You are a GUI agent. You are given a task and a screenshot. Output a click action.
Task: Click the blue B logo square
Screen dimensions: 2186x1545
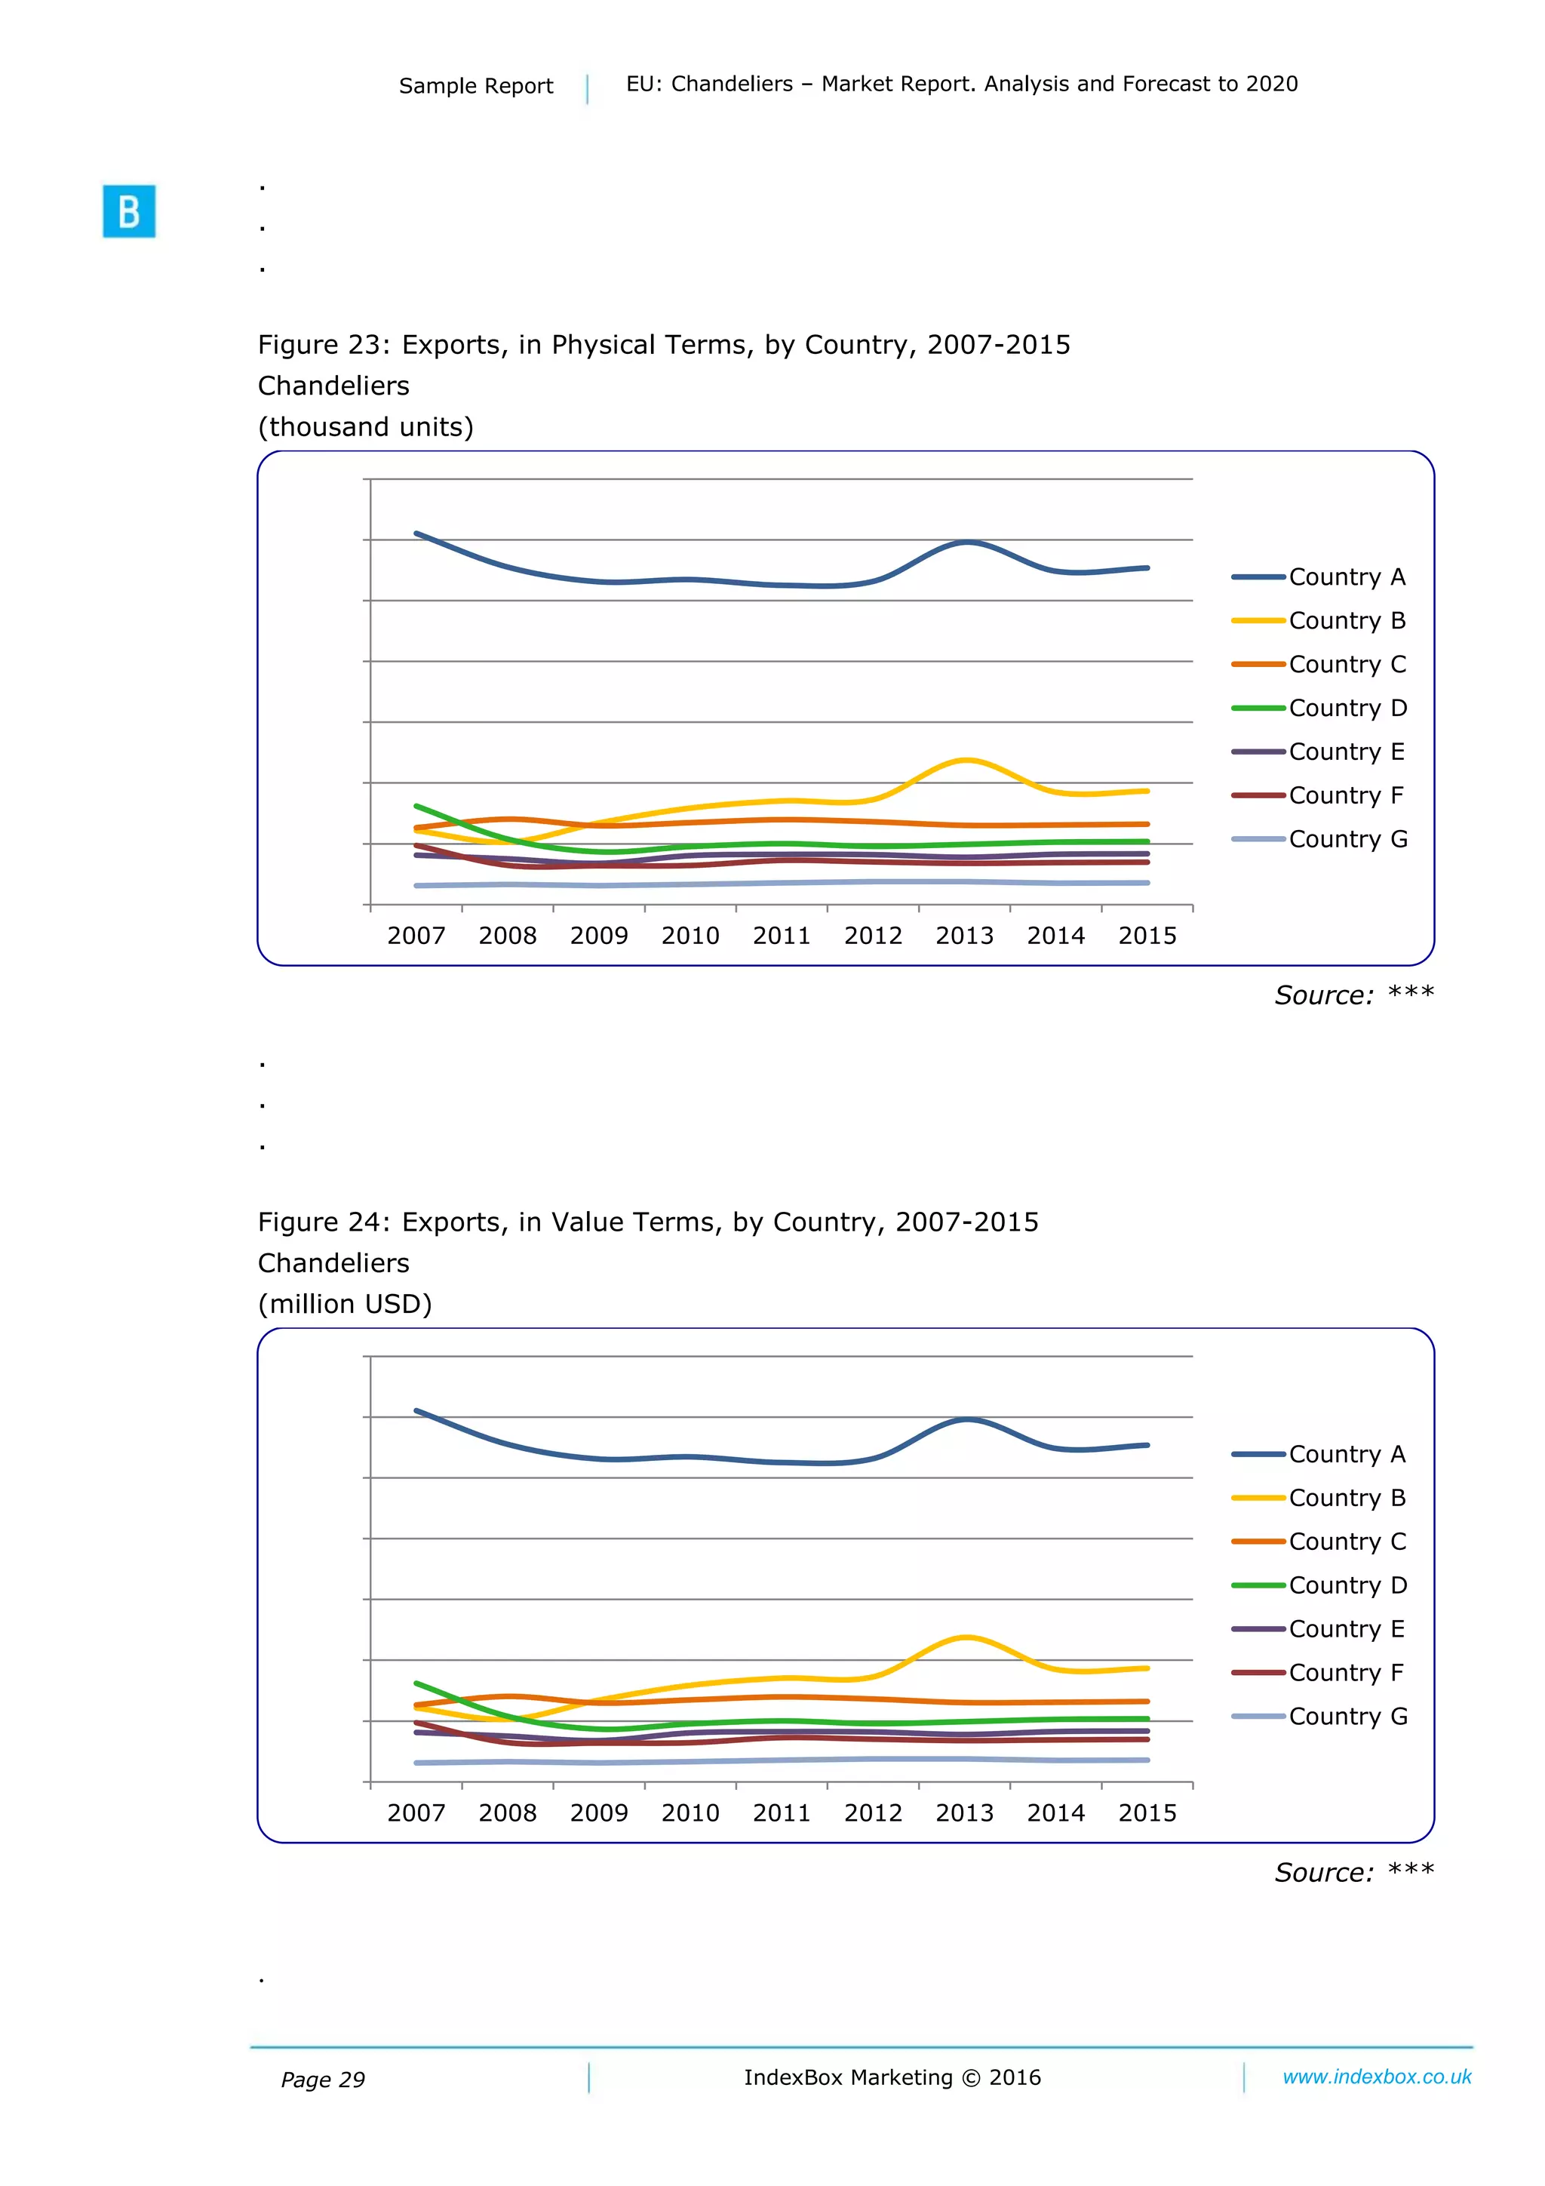[x=128, y=211]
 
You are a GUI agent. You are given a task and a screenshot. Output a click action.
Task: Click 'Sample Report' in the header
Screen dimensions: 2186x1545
[x=475, y=86]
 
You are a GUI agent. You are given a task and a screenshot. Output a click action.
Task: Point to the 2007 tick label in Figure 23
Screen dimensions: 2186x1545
[x=416, y=936]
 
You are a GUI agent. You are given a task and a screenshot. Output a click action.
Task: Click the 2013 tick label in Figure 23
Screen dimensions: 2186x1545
[x=964, y=936]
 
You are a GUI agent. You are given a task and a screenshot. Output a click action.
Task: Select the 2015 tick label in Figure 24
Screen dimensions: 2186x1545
[x=1147, y=1812]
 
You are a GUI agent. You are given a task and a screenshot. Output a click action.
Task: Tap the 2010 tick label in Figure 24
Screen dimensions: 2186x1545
[x=690, y=1812]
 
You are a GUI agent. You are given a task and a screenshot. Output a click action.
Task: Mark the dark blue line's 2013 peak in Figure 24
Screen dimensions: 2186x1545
[x=966, y=1419]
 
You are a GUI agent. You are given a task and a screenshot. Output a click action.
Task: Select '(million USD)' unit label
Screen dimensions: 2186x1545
[x=345, y=1303]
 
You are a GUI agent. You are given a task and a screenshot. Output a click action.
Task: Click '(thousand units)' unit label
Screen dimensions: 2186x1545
[x=366, y=426]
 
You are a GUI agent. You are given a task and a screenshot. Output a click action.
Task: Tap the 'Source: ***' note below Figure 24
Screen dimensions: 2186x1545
[x=1353, y=1872]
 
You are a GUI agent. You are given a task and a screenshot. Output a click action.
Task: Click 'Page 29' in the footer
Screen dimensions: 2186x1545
[x=323, y=2080]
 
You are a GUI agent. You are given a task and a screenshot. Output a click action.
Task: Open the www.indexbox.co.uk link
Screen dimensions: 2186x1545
[x=1377, y=2077]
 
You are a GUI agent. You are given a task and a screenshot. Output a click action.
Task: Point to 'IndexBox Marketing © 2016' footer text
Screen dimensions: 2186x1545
[x=892, y=2077]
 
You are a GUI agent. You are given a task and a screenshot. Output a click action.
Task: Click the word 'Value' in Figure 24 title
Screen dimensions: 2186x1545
[x=586, y=1222]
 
